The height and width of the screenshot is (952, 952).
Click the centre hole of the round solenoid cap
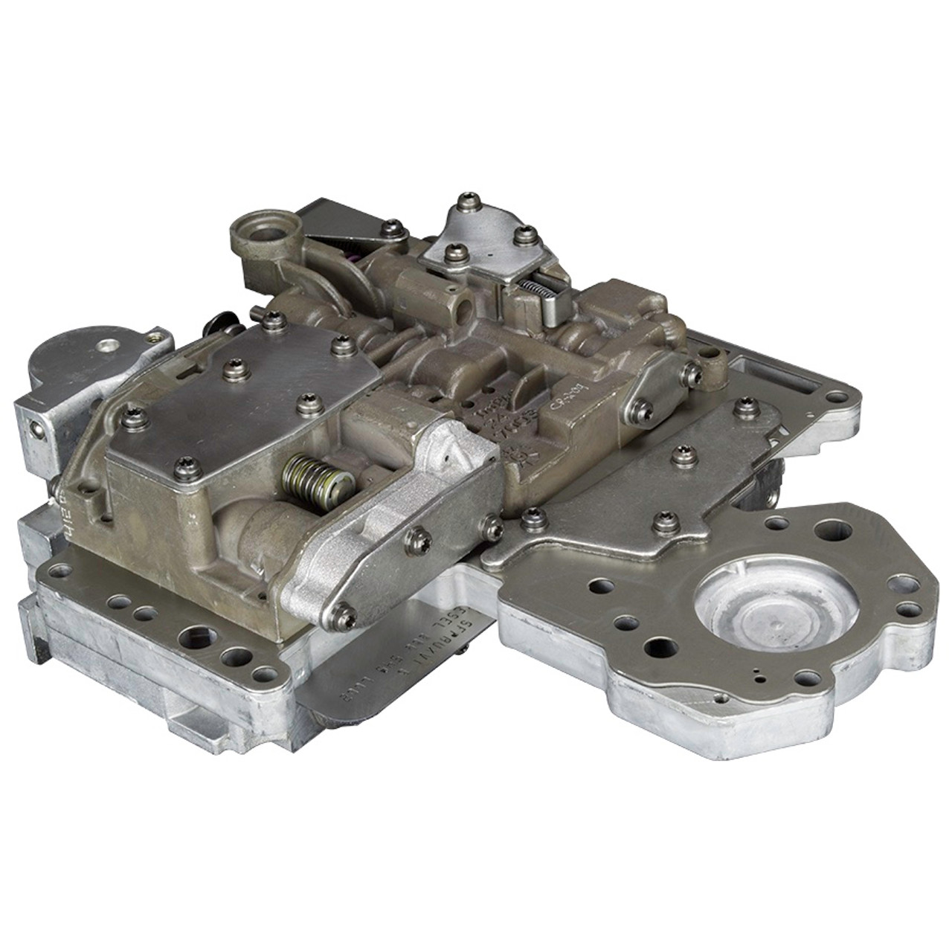(110, 345)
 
